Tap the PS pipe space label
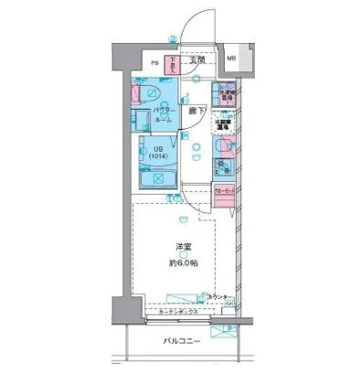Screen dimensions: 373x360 tap(154, 63)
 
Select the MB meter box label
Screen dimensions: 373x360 tap(231, 61)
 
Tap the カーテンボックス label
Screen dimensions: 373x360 tap(178, 312)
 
